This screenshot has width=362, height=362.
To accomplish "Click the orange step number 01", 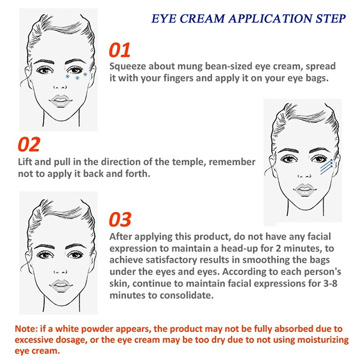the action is pyautogui.click(x=119, y=50).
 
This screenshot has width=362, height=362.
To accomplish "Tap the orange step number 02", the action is pyautogui.click(x=29, y=144).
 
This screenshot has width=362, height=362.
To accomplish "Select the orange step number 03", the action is pyautogui.click(x=120, y=219).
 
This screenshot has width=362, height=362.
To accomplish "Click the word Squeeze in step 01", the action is pyautogui.click(x=128, y=67).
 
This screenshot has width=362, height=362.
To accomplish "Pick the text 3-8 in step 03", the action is pyautogui.click(x=330, y=283).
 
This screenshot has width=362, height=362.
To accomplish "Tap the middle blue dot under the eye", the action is pyautogui.click(x=77, y=78).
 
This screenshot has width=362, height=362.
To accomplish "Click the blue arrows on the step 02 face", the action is pyautogui.click(x=326, y=167).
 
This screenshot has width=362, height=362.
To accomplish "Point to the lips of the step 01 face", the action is pyautogui.click(x=61, y=101).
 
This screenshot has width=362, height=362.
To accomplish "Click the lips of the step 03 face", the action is pyautogui.click(x=61, y=286).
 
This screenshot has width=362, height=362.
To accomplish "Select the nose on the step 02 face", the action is pyautogui.click(x=305, y=176).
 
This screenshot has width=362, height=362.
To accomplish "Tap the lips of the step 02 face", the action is pyautogui.click(x=305, y=190).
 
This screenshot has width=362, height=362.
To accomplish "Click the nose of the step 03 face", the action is pyautogui.click(x=60, y=272).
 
